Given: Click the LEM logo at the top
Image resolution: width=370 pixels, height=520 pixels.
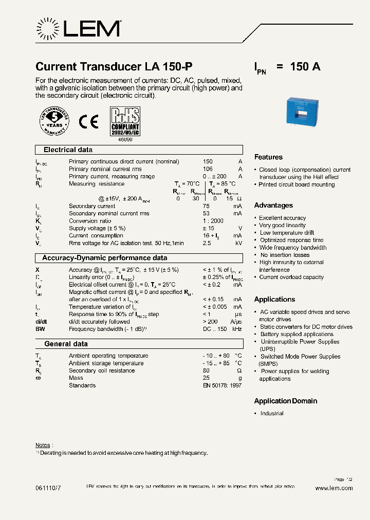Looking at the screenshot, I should point(78,28).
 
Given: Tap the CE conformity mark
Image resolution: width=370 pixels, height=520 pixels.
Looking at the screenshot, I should point(88,122).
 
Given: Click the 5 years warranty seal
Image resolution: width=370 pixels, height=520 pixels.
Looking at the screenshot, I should point(54,122).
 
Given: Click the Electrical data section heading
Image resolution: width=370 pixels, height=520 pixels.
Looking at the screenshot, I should point(68,150).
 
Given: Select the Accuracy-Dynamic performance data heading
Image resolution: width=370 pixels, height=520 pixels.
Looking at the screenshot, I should point(104,258).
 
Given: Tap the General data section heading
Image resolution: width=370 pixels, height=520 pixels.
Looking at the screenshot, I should point(66,344).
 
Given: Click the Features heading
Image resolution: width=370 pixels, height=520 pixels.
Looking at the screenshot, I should point(268,157).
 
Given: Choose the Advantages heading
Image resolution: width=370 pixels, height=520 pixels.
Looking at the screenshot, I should point(273,206).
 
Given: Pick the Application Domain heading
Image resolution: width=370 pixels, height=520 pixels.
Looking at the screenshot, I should point(286,401).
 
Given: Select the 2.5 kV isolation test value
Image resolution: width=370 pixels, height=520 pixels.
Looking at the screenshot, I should point(207,243).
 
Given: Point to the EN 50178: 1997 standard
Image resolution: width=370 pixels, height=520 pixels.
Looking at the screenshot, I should point(221,385).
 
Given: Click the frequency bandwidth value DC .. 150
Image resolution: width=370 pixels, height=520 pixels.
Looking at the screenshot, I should point(215,329).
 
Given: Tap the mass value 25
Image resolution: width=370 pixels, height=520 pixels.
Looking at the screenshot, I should point(206,378).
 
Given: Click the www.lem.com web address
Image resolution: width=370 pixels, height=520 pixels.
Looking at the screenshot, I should point(334,489).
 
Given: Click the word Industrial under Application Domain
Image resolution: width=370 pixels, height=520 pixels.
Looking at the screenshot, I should point(271,414).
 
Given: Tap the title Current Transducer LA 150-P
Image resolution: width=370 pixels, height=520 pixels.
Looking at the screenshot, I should point(114,67).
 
